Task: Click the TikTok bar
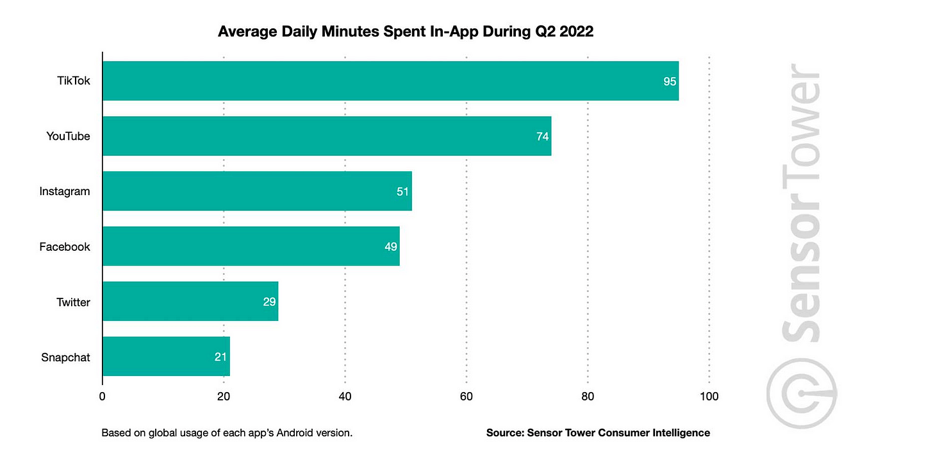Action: click(390, 81)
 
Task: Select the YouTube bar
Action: click(327, 136)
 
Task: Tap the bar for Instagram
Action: click(257, 191)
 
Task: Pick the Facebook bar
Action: click(251, 246)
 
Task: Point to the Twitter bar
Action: click(190, 302)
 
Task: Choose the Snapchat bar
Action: click(166, 357)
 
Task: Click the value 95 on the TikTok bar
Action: click(670, 81)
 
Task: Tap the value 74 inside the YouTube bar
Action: click(543, 137)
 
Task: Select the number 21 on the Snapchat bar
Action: click(221, 357)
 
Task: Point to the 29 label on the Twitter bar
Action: click(269, 302)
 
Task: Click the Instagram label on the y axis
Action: click(65, 191)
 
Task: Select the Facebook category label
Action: click(65, 246)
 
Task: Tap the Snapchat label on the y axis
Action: click(65, 357)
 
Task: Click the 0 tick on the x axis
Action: click(103, 397)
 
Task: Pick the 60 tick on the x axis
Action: click(467, 397)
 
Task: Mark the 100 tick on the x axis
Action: click(709, 397)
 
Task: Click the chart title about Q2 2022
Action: click(406, 31)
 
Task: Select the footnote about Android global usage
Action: click(227, 433)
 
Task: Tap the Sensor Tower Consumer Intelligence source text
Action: click(598, 433)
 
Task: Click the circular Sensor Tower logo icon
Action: click(802, 393)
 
